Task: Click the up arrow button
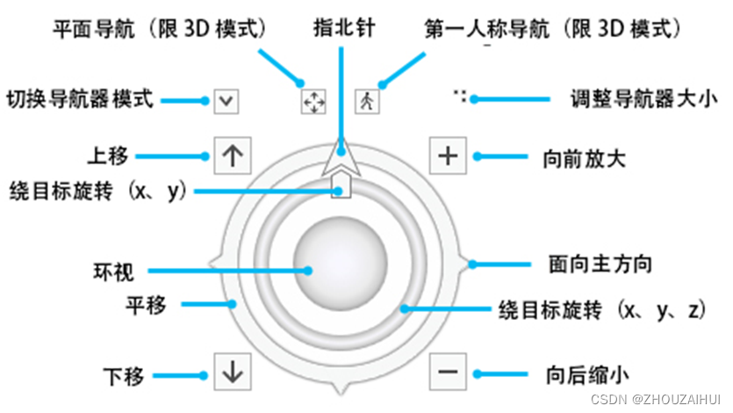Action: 232,156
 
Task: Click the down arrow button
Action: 232,373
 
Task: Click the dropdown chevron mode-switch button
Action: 226,100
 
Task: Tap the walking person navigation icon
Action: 366,101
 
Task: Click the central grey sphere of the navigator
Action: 338,270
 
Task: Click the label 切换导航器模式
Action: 80,98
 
